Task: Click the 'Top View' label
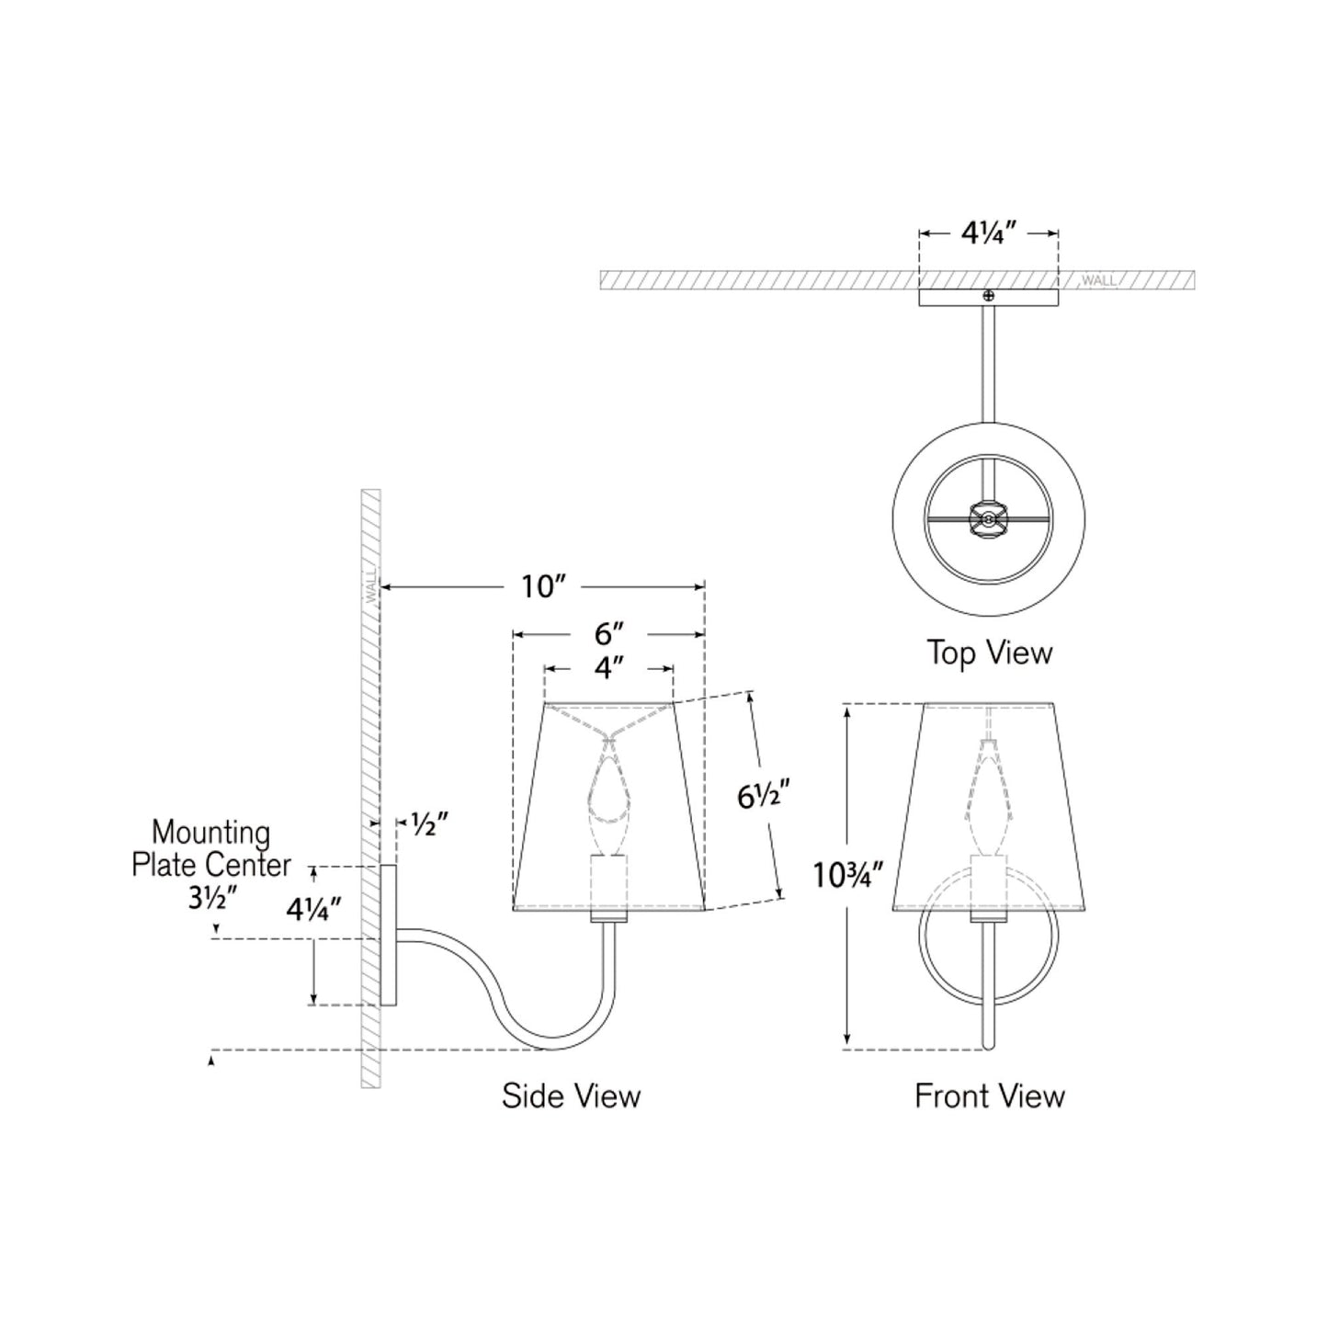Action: pyautogui.click(x=988, y=653)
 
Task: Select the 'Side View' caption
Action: pyautogui.click(x=571, y=1095)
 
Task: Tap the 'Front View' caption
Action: pyautogui.click(x=989, y=1095)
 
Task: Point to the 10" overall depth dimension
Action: pyautogui.click(x=542, y=586)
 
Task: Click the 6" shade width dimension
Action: pyautogui.click(x=609, y=634)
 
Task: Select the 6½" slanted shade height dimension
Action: pyautogui.click(x=763, y=796)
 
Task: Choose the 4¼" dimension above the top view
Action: pyautogui.click(x=988, y=233)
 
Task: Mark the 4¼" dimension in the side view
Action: pyautogui.click(x=314, y=910)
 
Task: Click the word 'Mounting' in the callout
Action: pyautogui.click(x=210, y=833)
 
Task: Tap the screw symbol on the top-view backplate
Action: pyautogui.click(x=989, y=296)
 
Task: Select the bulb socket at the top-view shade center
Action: pyautogui.click(x=988, y=518)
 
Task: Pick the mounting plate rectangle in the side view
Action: pyautogui.click(x=389, y=935)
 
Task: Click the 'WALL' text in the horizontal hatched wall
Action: pyautogui.click(x=1098, y=280)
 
